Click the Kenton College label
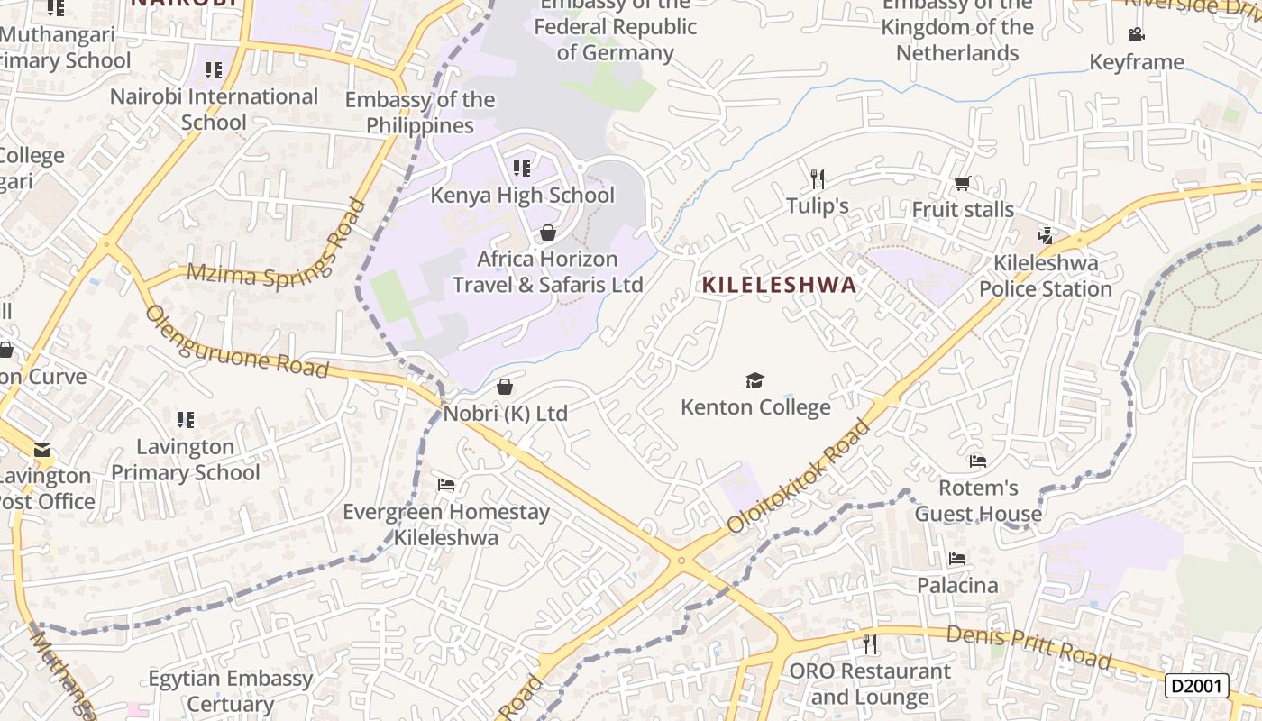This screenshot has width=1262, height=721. pos(755,407)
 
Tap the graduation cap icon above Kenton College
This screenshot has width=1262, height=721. pos(754,381)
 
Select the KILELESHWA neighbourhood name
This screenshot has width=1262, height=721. pos(779,285)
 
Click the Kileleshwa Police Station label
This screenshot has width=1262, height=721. pos(1046,276)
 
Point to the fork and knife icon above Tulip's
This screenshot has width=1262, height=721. pos(818,178)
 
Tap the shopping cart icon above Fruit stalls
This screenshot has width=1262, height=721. pos(962,184)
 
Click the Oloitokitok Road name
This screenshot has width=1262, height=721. pos(800,476)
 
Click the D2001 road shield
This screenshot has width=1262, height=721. pos(1197,686)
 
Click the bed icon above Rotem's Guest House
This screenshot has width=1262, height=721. pos(978,461)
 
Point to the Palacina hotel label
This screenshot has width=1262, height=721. pos(957,586)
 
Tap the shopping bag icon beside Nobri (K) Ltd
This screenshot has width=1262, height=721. pos(505,387)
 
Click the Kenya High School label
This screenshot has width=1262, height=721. pos(522,196)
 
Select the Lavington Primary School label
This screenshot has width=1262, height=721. pos(186,460)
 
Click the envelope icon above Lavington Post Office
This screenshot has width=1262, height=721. pos(42,450)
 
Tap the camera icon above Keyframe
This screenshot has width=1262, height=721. pos(1136,35)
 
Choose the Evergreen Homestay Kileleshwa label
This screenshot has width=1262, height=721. pos(446,525)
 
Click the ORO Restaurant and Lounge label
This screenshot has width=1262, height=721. pos(870,684)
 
